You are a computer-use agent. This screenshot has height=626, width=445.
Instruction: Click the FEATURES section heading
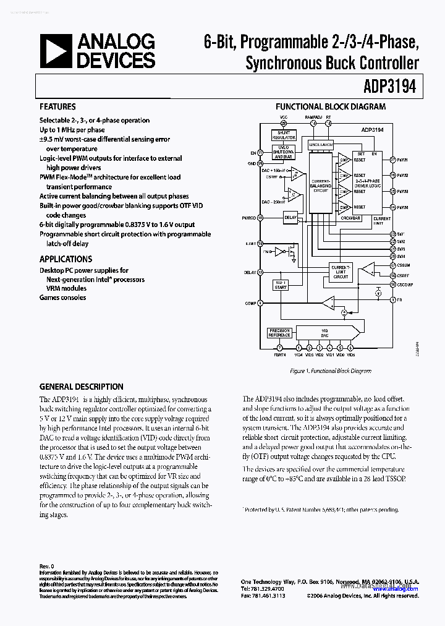(57, 107)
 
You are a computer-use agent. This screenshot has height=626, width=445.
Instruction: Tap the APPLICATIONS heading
(66, 259)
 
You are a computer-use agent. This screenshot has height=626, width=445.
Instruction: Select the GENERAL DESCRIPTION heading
(81, 387)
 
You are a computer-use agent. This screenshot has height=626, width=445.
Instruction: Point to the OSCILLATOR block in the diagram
(321, 145)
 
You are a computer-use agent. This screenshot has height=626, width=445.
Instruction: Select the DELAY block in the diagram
(290, 218)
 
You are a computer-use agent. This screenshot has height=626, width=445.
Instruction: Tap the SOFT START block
(281, 284)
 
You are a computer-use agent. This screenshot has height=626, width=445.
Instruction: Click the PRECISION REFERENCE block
(279, 333)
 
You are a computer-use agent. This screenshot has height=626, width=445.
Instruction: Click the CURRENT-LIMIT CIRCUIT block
(341, 272)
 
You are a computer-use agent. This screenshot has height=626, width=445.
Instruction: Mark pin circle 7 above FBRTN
(279, 348)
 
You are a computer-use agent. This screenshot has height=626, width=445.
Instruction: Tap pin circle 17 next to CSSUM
(393, 265)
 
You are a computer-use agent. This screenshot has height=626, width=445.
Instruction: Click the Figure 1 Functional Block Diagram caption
(330, 371)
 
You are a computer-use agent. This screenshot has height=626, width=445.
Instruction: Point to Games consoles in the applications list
(62, 298)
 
